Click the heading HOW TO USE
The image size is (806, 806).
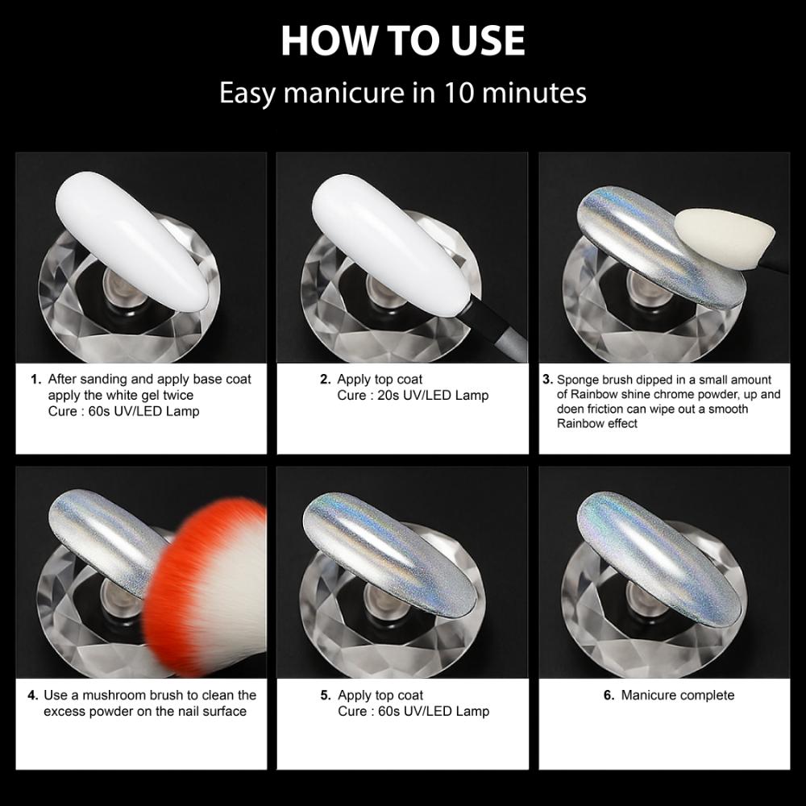pos(402,40)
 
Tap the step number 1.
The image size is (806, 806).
pos(35,379)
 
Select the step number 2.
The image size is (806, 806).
pos(325,379)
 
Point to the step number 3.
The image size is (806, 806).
pos(547,379)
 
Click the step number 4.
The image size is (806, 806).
pos(32,695)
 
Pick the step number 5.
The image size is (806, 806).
pos(325,695)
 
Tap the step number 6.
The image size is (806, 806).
pos(609,695)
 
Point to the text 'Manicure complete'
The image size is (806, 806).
pos(678,695)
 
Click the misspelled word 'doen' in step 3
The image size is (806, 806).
pos(571,409)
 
